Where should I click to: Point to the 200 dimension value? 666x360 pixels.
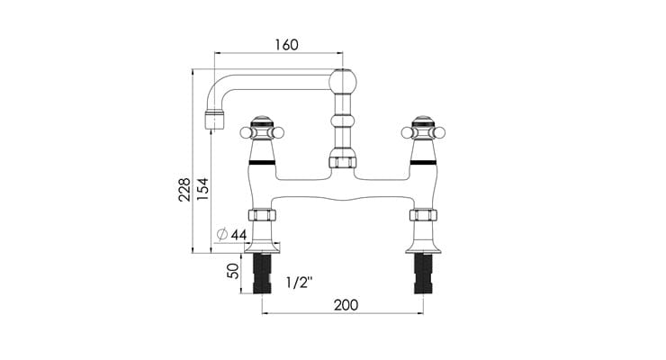click(x=345, y=305)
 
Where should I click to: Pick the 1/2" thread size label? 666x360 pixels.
click(x=298, y=283)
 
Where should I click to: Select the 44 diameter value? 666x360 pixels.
click(x=238, y=236)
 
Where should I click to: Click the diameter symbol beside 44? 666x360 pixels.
click(x=221, y=236)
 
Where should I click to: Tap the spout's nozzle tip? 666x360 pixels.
click(x=213, y=119)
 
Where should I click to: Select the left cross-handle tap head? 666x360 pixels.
click(x=262, y=130)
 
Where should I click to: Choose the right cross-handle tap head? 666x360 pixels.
click(x=423, y=130)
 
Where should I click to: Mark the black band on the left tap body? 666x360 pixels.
click(x=262, y=165)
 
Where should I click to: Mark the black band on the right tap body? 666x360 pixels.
click(x=423, y=165)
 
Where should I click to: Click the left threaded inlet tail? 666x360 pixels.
click(x=262, y=274)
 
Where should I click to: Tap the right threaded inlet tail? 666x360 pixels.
click(x=423, y=274)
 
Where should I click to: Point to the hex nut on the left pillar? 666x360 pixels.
click(x=262, y=216)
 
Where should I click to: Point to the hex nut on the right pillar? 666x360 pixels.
click(x=423, y=216)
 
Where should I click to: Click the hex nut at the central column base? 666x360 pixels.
click(x=343, y=162)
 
